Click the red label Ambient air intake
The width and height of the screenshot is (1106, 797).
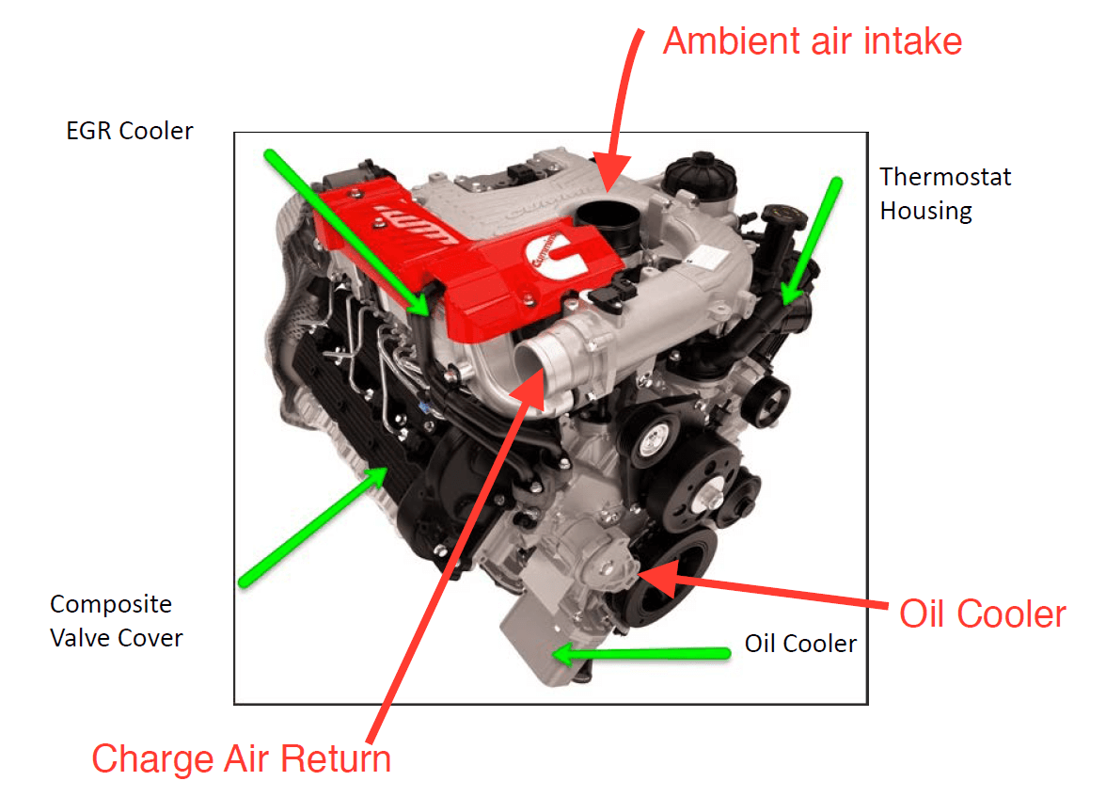[812, 41]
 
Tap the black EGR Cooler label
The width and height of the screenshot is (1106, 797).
[130, 131]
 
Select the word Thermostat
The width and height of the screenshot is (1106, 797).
[945, 177]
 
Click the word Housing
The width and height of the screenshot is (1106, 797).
[925, 211]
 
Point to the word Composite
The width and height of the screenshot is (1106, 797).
[111, 604]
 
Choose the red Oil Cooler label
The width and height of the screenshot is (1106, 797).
[983, 614]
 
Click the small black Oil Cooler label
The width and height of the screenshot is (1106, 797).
[800, 644]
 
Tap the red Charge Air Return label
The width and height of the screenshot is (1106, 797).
[241, 758]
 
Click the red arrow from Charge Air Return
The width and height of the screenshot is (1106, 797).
[451, 565]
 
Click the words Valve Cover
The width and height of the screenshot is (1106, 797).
[117, 638]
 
